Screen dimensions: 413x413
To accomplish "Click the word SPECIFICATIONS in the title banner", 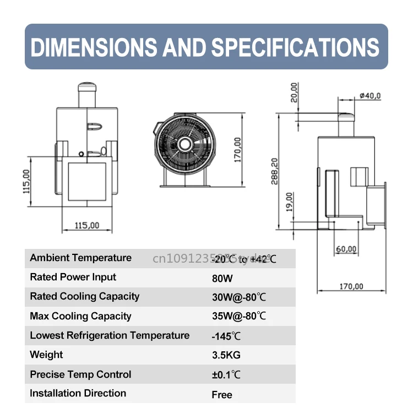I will tap(296, 47).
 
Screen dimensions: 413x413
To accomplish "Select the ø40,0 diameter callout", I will tap(369, 96).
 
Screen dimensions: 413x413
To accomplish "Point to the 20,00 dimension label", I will tap(295, 92).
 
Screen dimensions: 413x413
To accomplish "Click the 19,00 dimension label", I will tap(291, 202).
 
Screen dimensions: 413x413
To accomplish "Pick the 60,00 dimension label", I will tap(346, 249).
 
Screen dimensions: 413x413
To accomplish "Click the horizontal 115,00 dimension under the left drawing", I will tap(86, 225).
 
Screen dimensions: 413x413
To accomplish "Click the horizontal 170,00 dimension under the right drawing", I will tap(352, 286).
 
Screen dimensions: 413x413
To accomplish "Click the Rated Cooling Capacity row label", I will tap(84, 296).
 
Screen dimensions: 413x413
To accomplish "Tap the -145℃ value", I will tap(226, 336).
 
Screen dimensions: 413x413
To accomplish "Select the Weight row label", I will tap(46, 355).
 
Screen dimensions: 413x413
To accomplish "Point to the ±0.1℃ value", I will tap(226, 375).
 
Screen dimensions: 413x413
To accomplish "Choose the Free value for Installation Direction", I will tap(222, 394).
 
